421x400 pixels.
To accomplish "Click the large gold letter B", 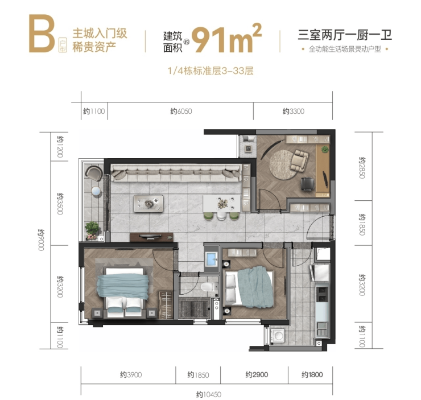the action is pyautogui.click(x=42, y=34).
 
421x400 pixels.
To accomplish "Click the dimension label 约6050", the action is pyautogui.click(x=181, y=111).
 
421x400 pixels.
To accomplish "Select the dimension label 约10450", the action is pyautogui.click(x=209, y=394).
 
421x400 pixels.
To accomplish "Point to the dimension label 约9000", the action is pyautogui.click(x=41, y=240).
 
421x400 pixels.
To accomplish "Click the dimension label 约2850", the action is pyautogui.click(x=362, y=168).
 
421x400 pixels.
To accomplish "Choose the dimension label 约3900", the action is pyautogui.click(x=131, y=374).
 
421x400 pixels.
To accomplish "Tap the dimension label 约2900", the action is pyautogui.click(x=257, y=374).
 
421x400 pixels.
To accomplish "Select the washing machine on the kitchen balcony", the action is pyautogui.click(x=278, y=335).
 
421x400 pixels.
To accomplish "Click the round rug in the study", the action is pyautogui.click(x=284, y=164).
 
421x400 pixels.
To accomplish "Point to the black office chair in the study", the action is pyautogui.click(x=308, y=184).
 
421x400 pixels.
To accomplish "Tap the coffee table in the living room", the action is pyautogui.click(x=148, y=203).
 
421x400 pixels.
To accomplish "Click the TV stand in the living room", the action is pyautogui.click(x=151, y=237).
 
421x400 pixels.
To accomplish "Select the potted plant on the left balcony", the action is pyautogui.click(x=93, y=229).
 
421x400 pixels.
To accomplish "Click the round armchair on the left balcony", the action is pyautogui.click(x=94, y=173).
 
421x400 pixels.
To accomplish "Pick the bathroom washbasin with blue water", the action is pyautogui.click(x=212, y=259).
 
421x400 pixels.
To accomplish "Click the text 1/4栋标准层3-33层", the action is pyautogui.click(x=210, y=71).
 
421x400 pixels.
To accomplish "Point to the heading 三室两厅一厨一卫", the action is pyautogui.click(x=345, y=35).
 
